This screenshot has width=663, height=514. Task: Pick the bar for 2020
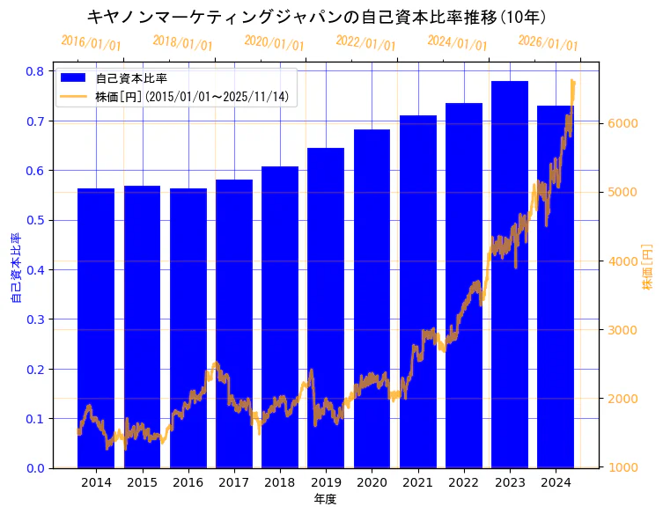tap(372, 298)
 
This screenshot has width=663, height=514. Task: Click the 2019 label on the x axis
tap(326, 482)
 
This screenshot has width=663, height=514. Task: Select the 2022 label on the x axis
tap(463, 482)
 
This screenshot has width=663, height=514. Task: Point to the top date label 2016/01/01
tap(91, 42)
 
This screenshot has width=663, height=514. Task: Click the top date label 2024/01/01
tap(457, 42)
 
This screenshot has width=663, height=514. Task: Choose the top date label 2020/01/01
tap(274, 42)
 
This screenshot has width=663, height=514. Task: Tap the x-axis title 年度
tap(326, 499)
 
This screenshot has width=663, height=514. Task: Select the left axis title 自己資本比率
tap(16, 268)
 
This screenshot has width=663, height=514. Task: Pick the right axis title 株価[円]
tap(648, 268)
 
